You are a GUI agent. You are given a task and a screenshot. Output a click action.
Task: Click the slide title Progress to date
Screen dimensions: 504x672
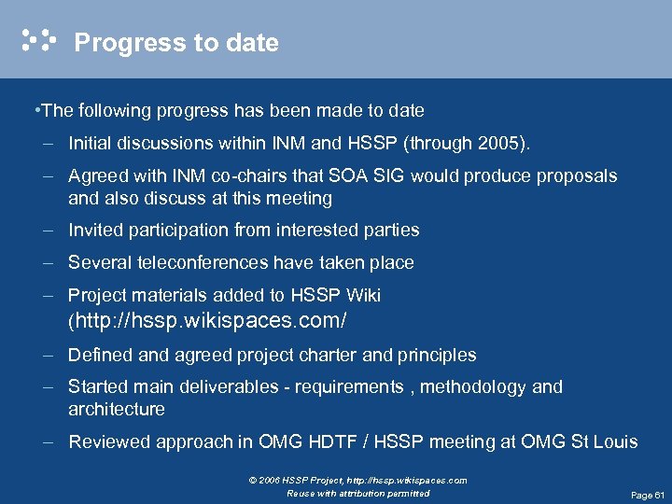click(x=175, y=43)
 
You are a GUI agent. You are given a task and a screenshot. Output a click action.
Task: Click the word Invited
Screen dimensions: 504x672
click(x=96, y=230)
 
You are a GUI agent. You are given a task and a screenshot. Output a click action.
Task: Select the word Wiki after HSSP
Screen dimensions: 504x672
click(x=363, y=295)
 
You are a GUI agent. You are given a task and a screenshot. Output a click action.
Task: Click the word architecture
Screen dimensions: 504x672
click(x=116, y=409)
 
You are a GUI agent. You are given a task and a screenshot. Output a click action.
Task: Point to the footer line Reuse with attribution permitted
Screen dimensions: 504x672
click(x=358, y=493)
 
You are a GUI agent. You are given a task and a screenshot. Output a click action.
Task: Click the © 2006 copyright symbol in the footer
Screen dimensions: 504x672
click(x=253, y=481)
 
